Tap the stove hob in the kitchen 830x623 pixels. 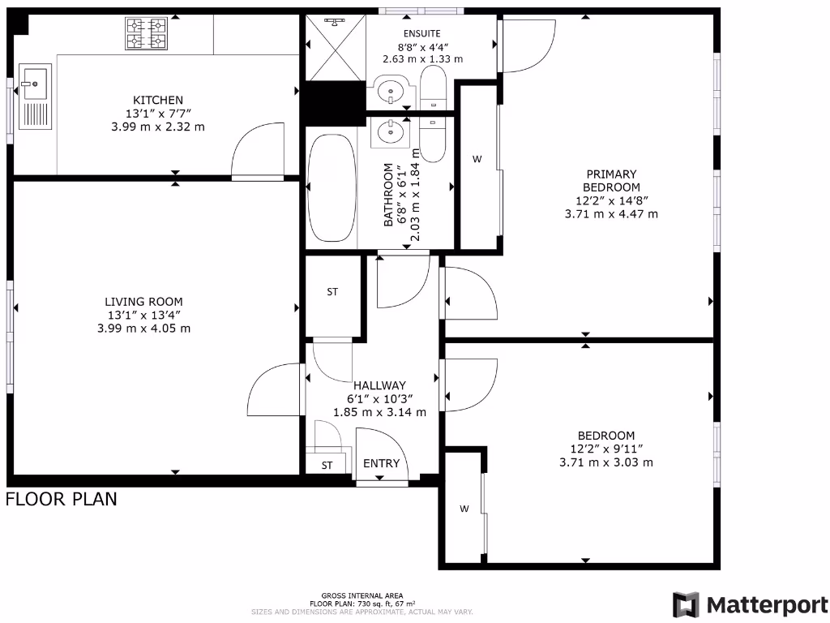[x=146, y=34]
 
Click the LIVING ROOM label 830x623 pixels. [x=143, y=302]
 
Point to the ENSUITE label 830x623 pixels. [x=422, y=33]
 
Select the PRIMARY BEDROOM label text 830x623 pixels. [x=611, y=180]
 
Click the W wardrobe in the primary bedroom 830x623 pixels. [x=477, y=160]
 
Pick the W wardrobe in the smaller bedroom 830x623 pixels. [x=464, y=509]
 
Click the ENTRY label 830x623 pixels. [x=381, y=463]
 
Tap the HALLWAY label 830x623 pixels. [x=379, y=385]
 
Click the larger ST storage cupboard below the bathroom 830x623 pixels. [x=332, y=292]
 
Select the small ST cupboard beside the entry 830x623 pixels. [x=327, y=466]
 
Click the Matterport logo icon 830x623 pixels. [x=686, y=605]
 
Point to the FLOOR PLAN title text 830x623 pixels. [x=62, y=499]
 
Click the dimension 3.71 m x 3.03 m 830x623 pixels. [x=606, y=462]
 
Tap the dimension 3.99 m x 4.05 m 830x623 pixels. [x=143, y=329]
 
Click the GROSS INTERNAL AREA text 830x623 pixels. [x=362, y=595]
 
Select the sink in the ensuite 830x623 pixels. [x=391, y=90]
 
